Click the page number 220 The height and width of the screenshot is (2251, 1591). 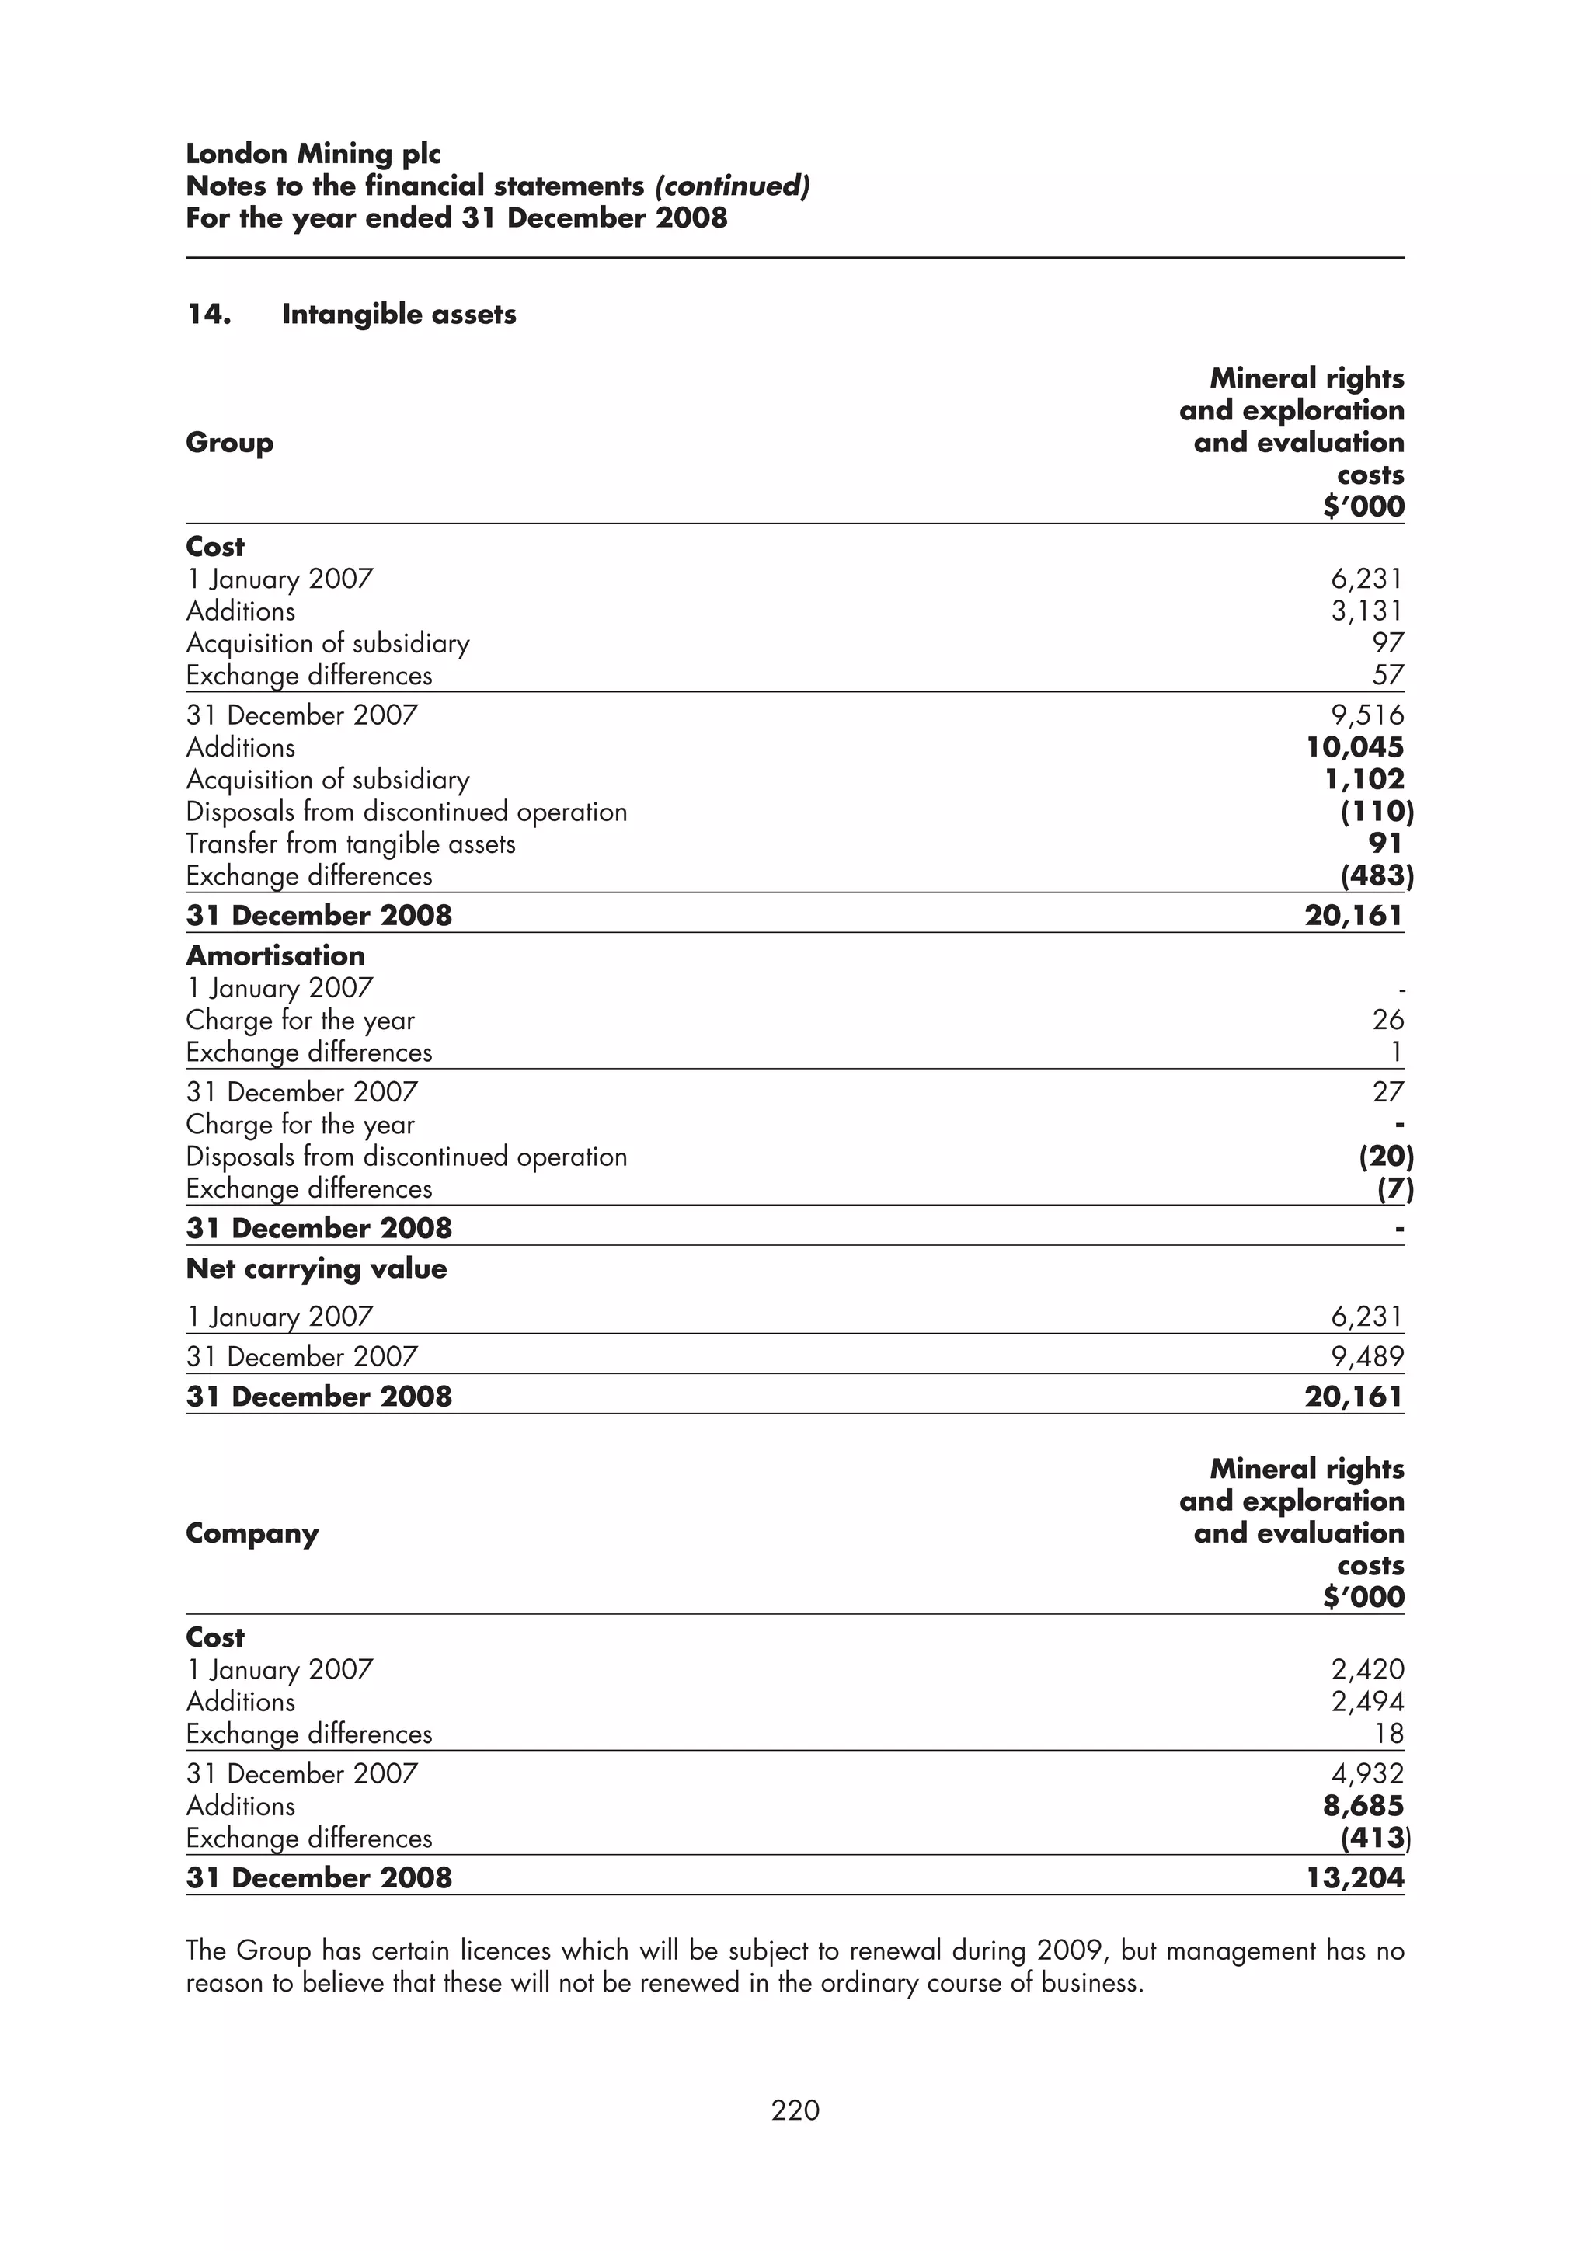795,2109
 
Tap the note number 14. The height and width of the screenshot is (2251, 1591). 209,314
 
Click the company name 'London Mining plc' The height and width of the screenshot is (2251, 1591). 313,154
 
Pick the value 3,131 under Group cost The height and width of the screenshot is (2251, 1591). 1366,611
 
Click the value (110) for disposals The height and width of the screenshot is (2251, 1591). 1377,812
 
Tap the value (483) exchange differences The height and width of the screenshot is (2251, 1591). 1377,875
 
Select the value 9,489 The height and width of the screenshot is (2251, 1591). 1366,1357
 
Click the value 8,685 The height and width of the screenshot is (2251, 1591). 1363,1806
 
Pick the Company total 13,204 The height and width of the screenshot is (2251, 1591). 1355,1877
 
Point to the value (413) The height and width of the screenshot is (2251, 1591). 1374,1839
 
